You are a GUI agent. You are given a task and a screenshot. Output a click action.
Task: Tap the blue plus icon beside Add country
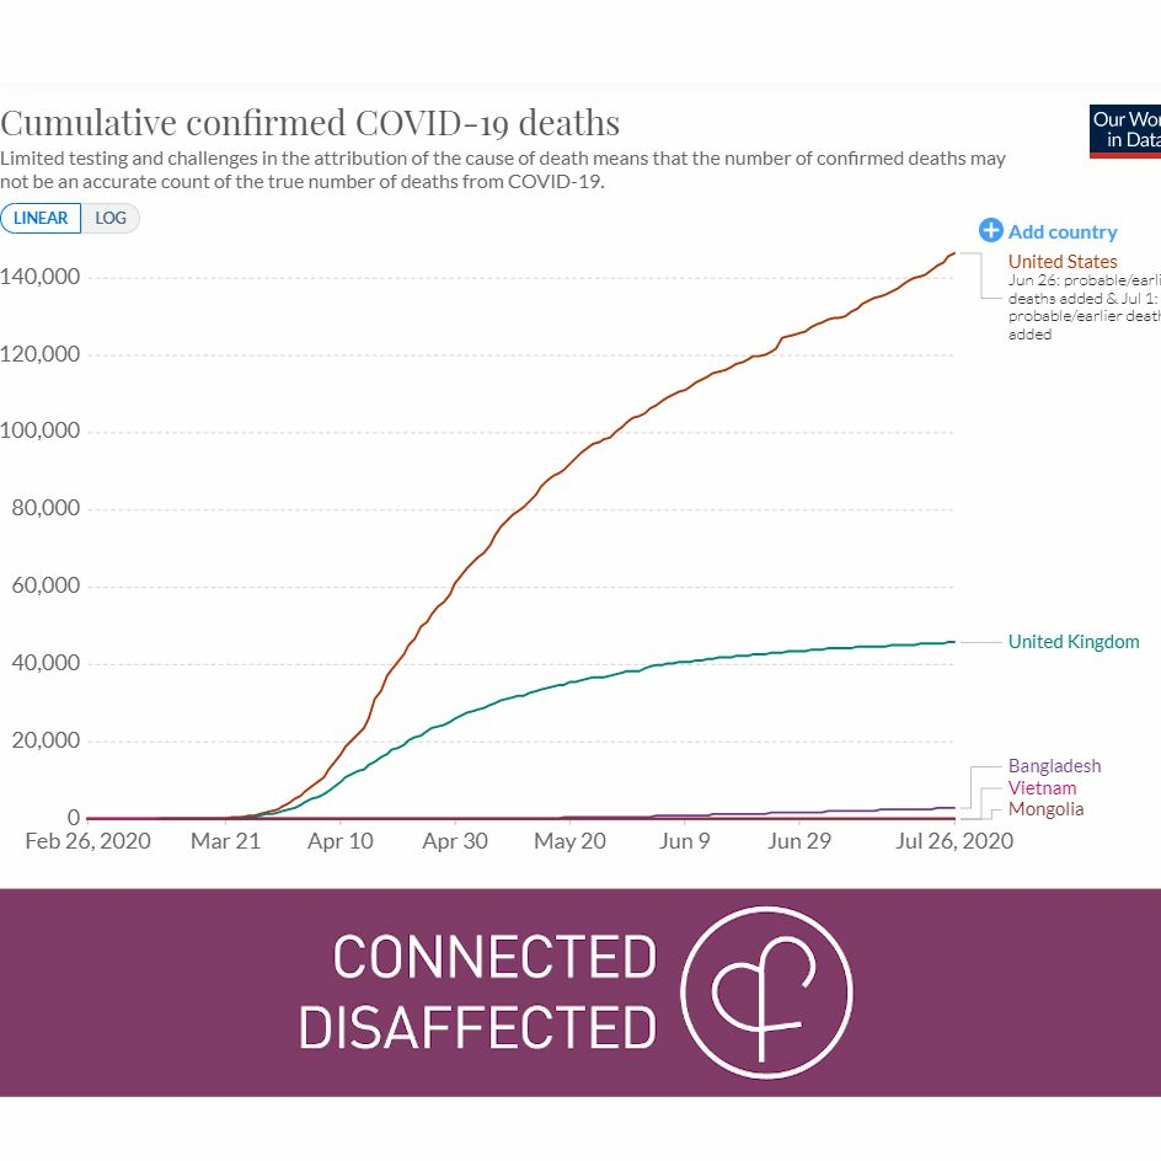point(990,230)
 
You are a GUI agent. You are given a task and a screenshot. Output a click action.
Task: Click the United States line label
point(1062,261)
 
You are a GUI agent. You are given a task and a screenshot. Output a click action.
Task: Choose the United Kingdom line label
point(1073,642)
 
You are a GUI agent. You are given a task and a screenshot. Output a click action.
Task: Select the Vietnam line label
point(1042,788)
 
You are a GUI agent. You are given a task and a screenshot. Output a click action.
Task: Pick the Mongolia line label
point(1046,809)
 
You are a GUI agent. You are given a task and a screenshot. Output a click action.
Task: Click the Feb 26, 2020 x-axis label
point(88,841)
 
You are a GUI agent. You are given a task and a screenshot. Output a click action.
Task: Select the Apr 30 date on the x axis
point(455,841)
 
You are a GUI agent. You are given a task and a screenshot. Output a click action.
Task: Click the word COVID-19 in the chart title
point(432,123)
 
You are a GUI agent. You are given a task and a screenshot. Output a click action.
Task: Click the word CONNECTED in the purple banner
point(495,957)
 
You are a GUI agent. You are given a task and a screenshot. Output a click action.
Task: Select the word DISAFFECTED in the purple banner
point(478,1027)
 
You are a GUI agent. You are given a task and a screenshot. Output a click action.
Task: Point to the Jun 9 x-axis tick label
point(685,841)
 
